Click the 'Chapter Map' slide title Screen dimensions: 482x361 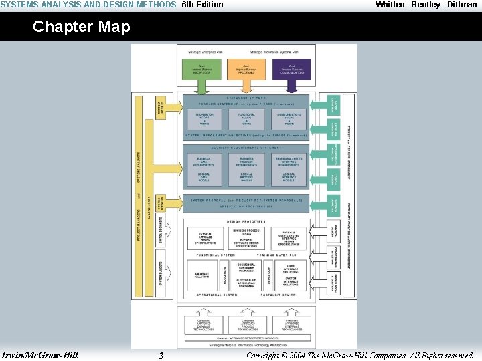pos(81,27)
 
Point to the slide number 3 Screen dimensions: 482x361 pos(161,356)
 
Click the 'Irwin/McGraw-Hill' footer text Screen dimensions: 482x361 pos(40,354)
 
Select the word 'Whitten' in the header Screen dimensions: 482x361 pos(390,5)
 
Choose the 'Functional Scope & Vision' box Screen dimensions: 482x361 pos(246,119)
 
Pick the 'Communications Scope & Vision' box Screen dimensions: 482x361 pos(289,119)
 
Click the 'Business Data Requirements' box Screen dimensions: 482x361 pos(204,160)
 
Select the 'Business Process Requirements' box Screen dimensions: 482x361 pos(246,160)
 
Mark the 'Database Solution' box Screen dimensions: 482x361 pos(203,275)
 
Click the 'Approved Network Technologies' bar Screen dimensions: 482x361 pos(246,337)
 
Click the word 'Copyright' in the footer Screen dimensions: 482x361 pos(262,356)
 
